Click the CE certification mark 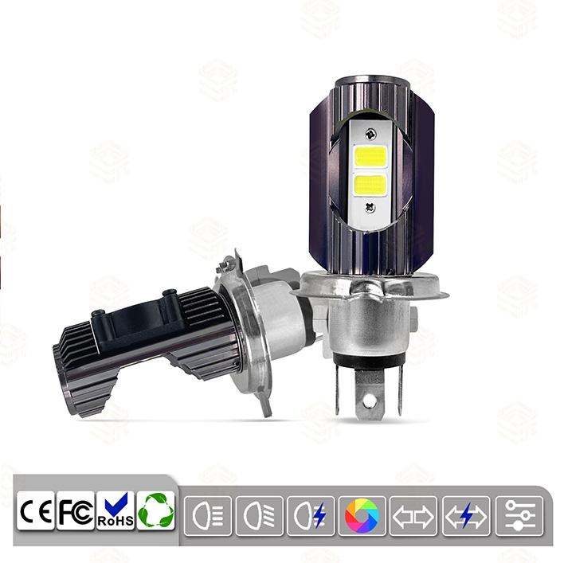[36, 511]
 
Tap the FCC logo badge [76, 511]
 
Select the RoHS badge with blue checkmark [116, 511]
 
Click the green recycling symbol [156, 511]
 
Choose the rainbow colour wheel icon [362, 516]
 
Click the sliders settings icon [519, 516]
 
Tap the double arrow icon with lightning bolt [466, 516]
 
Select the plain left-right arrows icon [413, 516]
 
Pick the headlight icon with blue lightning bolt [311, 516]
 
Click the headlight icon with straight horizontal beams [208, 516]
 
